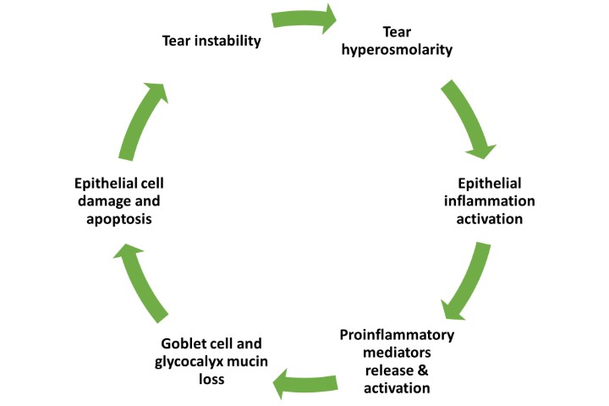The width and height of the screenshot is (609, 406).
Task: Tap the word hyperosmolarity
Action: (404, 50)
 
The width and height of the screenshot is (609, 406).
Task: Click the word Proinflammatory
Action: (397, 335)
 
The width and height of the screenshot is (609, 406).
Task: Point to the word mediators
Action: (397, 353)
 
